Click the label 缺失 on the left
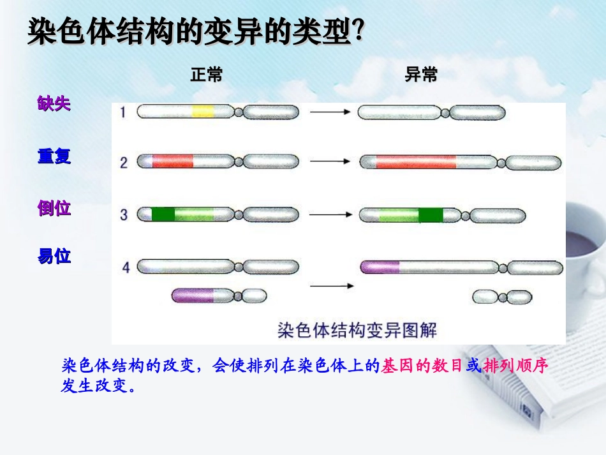[x=54, y=104]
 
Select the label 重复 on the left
[x=54, y=156]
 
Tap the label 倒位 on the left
[x=54, y=208]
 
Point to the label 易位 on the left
[x=54, y=257]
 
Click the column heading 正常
[x=206, y=75]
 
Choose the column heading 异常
[x=421, y=75]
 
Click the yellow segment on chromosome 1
[x=203, y=112]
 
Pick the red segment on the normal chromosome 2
[x=172, y=162]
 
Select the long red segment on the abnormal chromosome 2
[x=416, y=163]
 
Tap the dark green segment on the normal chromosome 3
[x=163, y=214]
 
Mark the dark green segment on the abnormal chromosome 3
[x=431, y=215]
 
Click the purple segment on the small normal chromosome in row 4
[x=194, y=295]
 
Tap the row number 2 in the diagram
[x=124, y=163]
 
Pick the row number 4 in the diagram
[x=126, y=267]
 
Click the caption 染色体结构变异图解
[x=357, y=330]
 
